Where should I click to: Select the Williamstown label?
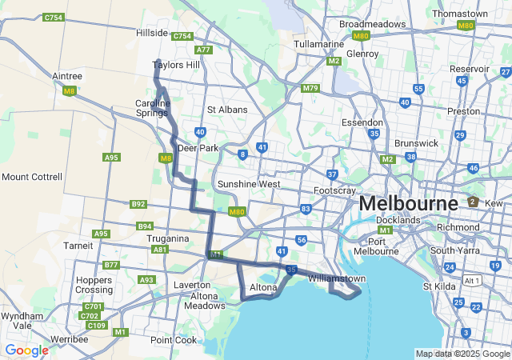(336, 278)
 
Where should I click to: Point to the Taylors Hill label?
(176, 65)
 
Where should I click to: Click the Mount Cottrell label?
(31, 176)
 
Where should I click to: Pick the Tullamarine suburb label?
(318, 44)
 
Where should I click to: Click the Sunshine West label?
(249, 184)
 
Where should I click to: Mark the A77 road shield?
(203, 50)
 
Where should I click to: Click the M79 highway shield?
(310, 88)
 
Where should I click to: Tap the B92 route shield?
(138, 205)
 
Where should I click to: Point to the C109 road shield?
(96, 325)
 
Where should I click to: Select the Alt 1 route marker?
(472, 280)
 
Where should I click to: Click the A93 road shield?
(146, 280)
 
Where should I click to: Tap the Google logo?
(26, 350)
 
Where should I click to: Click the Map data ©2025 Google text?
(462, 354)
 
